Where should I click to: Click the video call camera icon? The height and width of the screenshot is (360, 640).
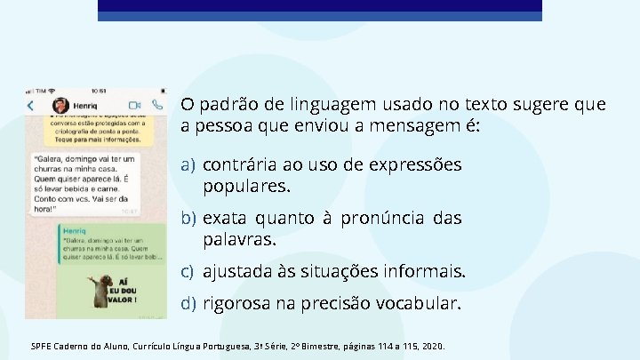(x=136, y=104)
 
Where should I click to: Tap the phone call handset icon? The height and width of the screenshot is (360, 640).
(x=156, y=104)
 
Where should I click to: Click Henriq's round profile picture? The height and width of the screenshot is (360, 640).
(x=60, y=104)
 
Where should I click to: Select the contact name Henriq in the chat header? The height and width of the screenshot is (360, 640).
(x=85, y=105)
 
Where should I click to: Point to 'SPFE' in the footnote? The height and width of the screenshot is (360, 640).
(x=42, y=346)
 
